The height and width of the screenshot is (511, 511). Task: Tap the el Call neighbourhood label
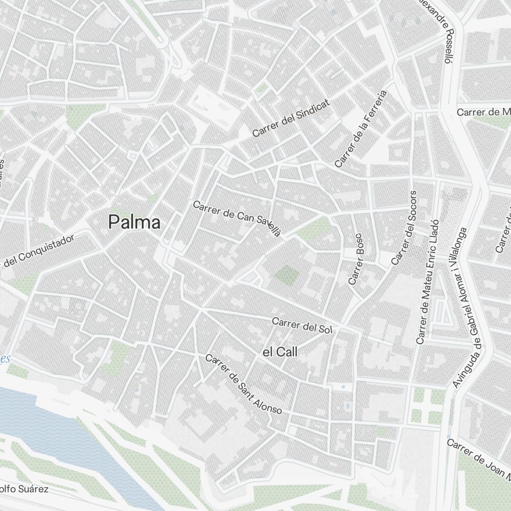point(280,352)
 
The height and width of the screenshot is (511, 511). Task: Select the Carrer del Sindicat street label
point(291,118)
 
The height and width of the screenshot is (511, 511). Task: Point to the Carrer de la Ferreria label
point(361,129)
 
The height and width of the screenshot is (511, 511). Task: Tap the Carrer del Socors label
point(404,228)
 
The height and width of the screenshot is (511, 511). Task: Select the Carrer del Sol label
point(302,326)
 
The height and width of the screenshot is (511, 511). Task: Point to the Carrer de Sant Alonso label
point(243,384)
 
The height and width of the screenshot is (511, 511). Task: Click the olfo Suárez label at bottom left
point(24,489)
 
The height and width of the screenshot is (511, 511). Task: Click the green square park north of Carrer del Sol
point(286,275)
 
